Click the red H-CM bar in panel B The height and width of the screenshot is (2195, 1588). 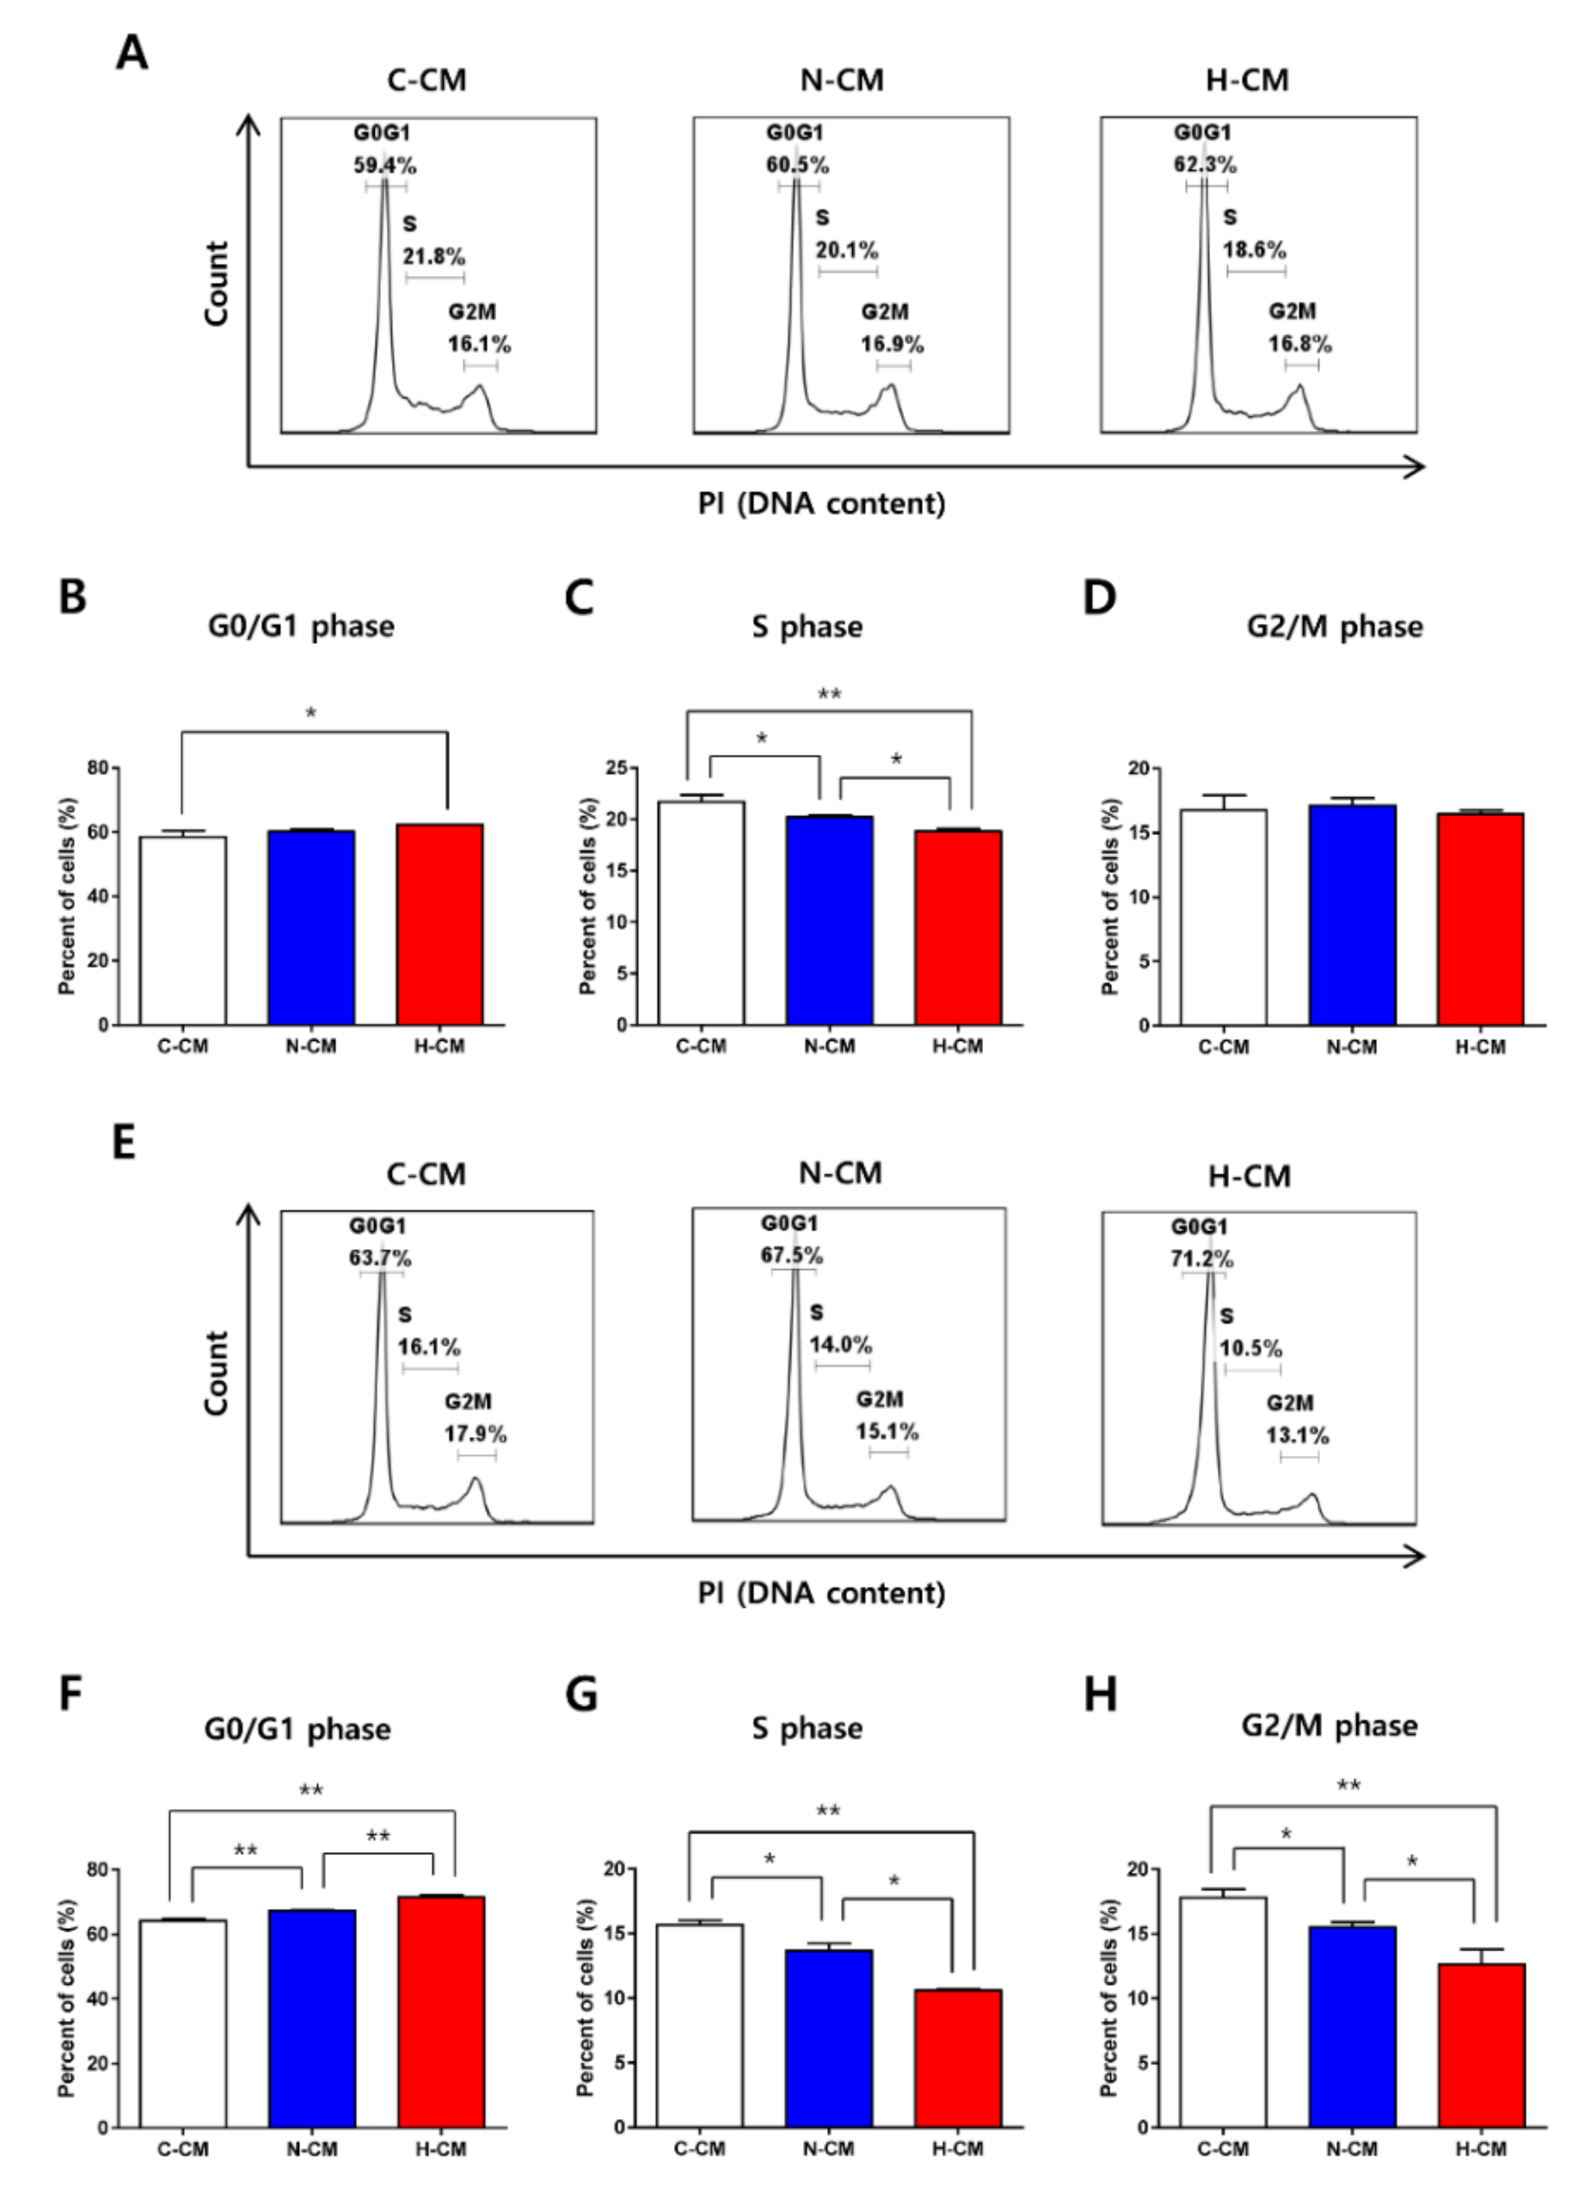pyautogui.click(x=439, y=924)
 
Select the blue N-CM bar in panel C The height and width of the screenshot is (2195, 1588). pyautogui.click(x=829, y=920)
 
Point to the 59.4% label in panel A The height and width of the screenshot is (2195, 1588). pyautogui.click(x=384, y=165)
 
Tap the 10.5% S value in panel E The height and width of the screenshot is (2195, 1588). pyautogui.click(x=1250, y=1347)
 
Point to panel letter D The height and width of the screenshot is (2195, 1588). pyautogui.click(x=1099, y=597)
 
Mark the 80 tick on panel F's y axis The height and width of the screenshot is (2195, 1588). pyautogui.click(x=97, y=1869)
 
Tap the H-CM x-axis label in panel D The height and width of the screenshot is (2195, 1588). pyautogui.click(x=1480, y=1046)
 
